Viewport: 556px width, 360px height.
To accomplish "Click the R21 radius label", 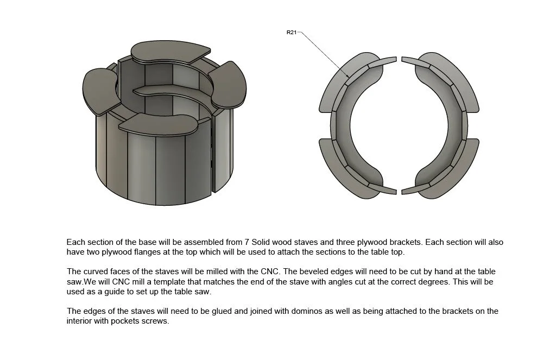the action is point(291,32).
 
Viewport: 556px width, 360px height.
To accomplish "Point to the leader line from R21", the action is point(324,54).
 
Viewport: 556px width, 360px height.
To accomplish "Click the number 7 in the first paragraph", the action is point(247,242).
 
